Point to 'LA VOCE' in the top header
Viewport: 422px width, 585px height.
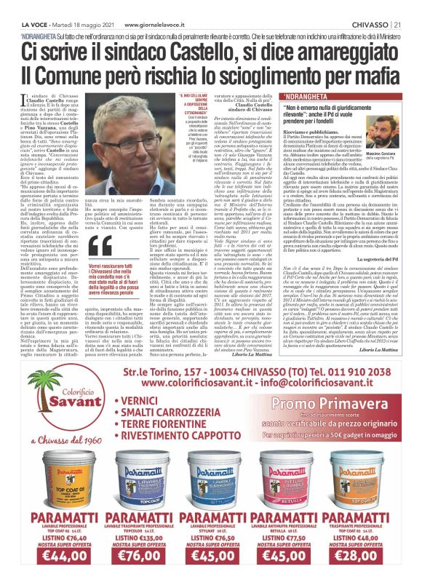(20, 7)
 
